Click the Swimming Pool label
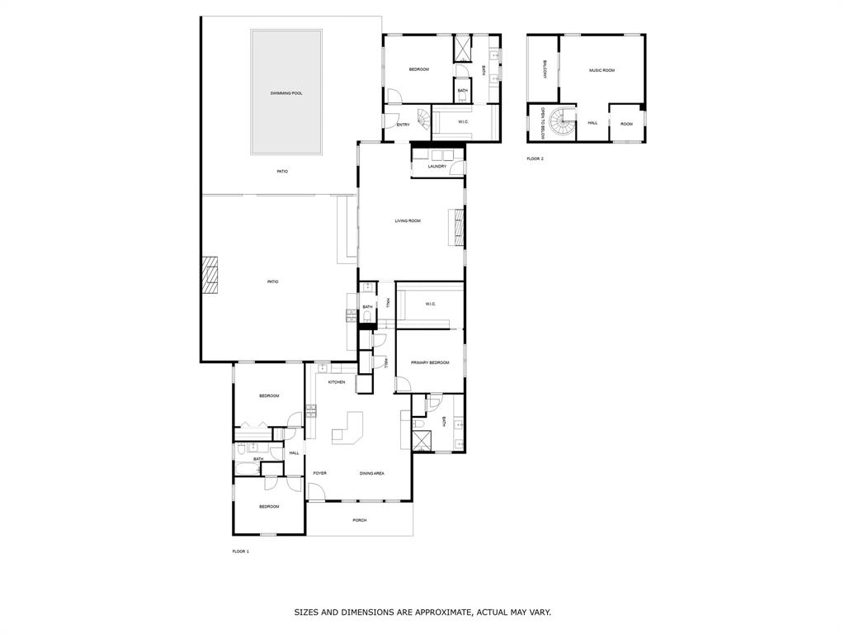(286, 93)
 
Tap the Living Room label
(408, 220)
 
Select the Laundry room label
(437, 167)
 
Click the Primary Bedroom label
(430, 362)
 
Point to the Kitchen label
(336, 382)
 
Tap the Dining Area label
(372, 473)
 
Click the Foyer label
(319, 473)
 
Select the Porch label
(359, 520)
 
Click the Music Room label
(602, 70)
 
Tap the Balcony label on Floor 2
(545, 69)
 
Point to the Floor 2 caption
(536, 158)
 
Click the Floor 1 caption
(240, 551)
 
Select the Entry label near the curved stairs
(403, 125)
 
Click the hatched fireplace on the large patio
(210, 276)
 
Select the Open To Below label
(542, 122)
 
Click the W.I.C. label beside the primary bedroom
(430, 304)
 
